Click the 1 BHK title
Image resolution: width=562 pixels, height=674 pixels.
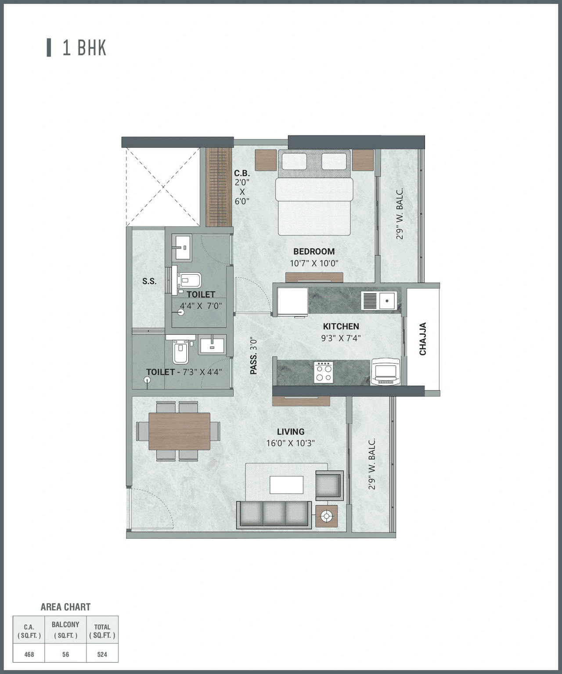coord(84,48)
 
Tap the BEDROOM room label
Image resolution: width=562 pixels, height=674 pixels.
coord(314,251)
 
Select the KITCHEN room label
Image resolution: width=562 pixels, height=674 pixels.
coord(341,326)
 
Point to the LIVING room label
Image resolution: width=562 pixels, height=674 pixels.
coord(290,432)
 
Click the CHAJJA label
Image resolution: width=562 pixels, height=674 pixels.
coord(423,339)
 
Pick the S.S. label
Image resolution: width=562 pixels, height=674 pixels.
coord(149,281)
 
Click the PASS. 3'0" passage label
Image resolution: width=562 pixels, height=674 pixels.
coord(253,356)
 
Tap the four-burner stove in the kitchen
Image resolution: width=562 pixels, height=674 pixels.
coord(324,372)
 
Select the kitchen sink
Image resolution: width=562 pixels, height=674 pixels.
coord(379,301)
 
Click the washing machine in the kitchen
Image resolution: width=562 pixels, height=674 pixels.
coord(385,372)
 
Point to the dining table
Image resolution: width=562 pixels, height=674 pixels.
coord(179,431)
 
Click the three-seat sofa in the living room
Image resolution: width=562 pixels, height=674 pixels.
coord(274,514)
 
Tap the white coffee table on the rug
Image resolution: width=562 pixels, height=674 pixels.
coord(286,485)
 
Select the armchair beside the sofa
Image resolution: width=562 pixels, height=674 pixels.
coord(329,485)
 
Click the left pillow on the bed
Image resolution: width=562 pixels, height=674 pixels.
coord(294,161)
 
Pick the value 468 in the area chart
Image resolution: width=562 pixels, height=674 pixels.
coord(29,654)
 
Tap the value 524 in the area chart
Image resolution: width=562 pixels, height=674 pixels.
coord(102,654)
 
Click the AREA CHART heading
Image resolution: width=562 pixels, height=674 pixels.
coord(65,607)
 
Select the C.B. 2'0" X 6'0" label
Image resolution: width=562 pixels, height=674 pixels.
coord(241,187)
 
